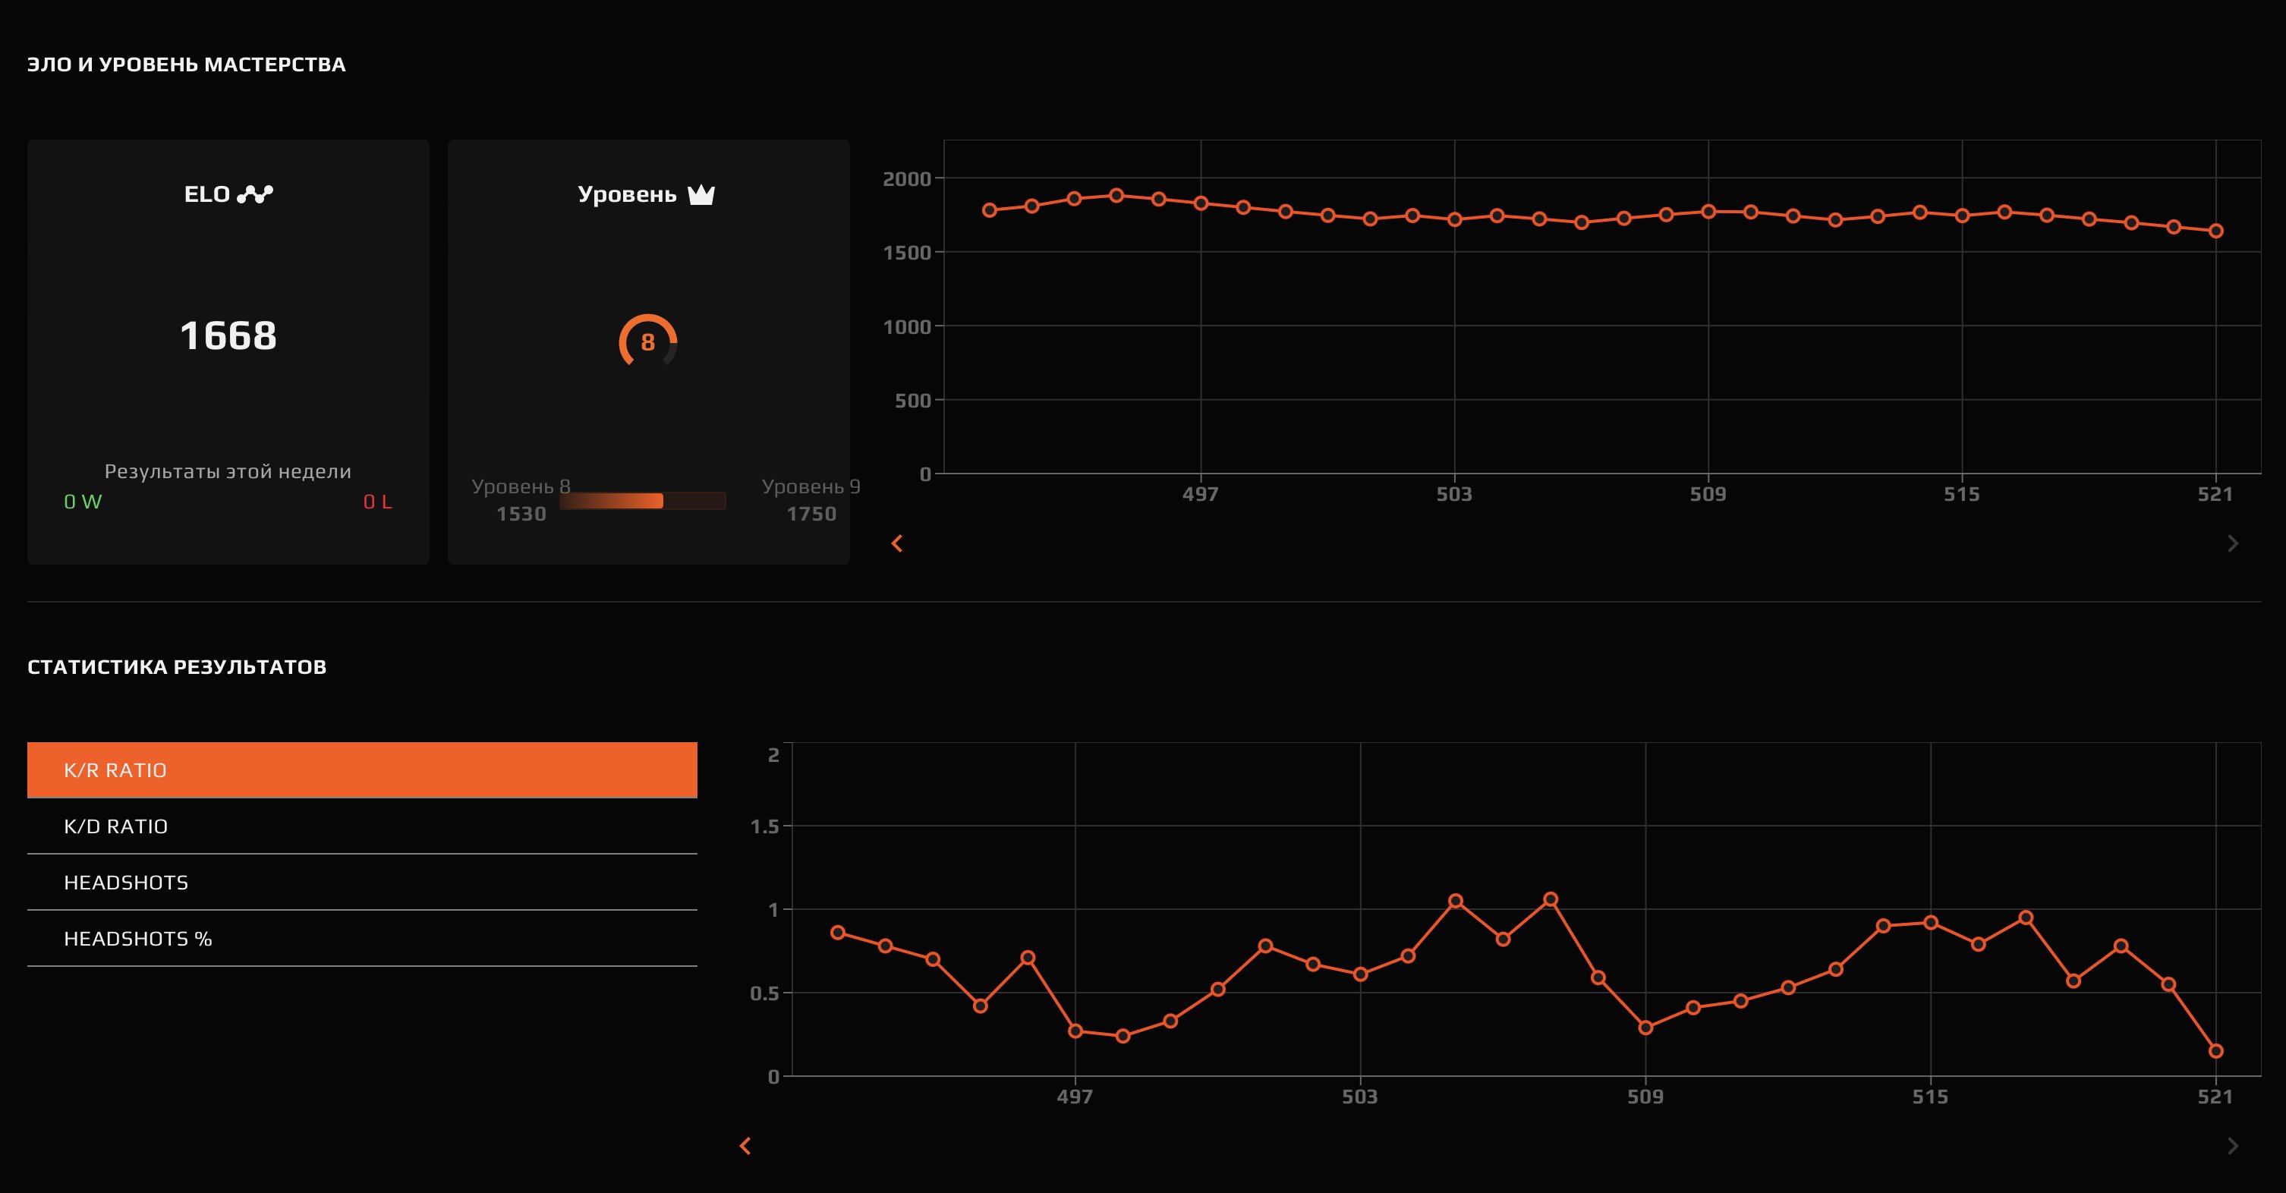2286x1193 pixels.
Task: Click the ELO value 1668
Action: click(x=228, y=335)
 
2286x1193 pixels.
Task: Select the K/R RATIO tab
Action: click(x=362, y=770)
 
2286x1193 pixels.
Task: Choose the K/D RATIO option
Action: click(x=362, y=826)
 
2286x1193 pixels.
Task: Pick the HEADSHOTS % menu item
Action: click(x=362, y=938)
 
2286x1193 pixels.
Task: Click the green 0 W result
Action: click(x=83, y=502)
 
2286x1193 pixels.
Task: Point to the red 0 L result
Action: click(x=377, y=502)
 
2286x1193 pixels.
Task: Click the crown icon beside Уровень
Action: click(x=701, y=194)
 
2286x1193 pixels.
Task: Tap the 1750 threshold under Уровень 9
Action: click(x=811, y=514)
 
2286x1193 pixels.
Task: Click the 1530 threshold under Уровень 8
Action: click(x=521, y=514)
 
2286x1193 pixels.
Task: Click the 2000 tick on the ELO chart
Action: click(x=906, y=178)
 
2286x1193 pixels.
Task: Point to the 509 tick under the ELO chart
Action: click(x=1708, y=494)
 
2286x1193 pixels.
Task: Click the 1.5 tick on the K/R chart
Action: click(x=764, y=826)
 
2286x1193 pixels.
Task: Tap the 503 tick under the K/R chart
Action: click(x=1359, y=1097)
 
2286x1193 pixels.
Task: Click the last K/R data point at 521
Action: click(x=2215, y=1051)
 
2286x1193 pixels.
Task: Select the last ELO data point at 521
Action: click(x=2215, y=231)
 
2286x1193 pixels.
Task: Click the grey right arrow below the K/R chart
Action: click(x=2233, y=1146)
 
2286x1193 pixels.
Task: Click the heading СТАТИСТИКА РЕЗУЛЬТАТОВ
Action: click(x=177, y=666)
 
